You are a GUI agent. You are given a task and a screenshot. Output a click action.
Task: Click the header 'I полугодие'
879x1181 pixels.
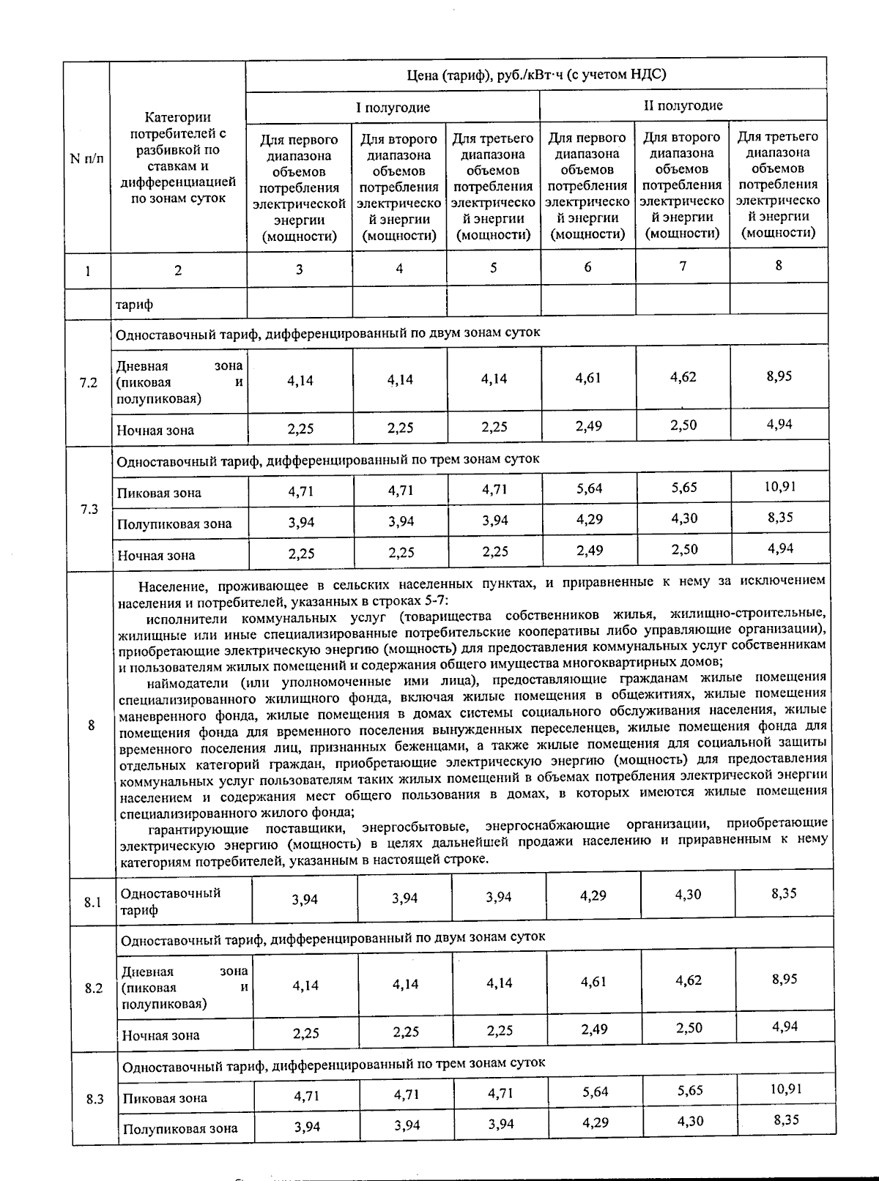coord(393,108)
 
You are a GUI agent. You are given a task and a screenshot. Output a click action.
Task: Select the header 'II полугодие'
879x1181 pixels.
coord(683,105)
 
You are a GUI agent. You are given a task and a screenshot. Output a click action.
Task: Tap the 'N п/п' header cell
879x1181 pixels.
coord(86,158)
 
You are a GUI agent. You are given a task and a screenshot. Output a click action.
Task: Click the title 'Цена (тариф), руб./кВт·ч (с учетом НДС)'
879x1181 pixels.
coord(536,75)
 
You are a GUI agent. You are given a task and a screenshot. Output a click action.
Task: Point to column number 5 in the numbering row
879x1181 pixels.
coord(494,268)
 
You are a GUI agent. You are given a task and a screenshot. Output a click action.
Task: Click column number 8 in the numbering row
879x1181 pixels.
coord(779,266)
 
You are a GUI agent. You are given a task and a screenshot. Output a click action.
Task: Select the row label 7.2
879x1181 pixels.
coord(88,383)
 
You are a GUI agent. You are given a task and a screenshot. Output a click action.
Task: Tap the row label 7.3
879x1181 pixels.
coord(89,509)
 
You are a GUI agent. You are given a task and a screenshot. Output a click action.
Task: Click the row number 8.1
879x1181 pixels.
coord(92,902)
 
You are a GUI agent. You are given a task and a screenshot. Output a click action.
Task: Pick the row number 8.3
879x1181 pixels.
coord(94,1099)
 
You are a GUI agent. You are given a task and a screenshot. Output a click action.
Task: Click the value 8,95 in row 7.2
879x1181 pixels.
coord(779,376)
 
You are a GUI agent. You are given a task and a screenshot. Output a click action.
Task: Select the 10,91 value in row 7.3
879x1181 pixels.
coord(781,486)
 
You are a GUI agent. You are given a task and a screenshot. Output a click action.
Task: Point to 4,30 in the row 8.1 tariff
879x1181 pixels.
coord(689,895)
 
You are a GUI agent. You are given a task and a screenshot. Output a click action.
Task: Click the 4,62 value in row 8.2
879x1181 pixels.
coord(689,980)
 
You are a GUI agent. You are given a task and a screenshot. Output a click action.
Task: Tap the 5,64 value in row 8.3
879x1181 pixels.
coord(596,1092)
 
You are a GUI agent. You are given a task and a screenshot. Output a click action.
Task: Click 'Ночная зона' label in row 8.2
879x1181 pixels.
coord(160,1035)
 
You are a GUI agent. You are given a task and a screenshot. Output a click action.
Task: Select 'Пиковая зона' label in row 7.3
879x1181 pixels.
coord(159,493)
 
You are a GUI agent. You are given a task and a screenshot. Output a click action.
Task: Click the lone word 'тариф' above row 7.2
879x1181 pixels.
coord(134,304)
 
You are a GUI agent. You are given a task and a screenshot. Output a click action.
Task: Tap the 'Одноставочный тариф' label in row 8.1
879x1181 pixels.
coord(170,901)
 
